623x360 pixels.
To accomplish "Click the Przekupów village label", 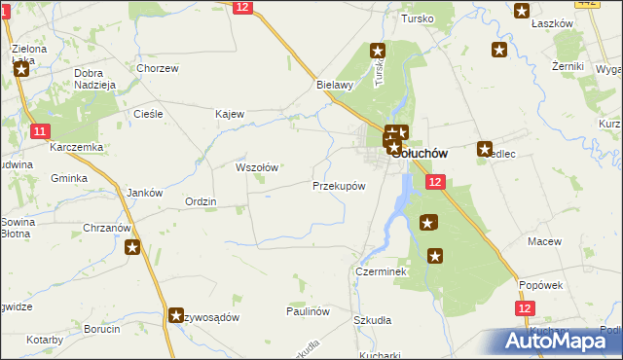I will (339, 186).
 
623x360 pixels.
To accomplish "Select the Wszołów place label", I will (257, 167).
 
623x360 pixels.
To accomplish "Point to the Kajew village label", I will (230, 114).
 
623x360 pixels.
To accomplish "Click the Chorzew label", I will (158, 69).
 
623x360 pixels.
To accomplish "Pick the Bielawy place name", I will (334, 85).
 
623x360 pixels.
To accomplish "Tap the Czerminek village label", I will (380, 272).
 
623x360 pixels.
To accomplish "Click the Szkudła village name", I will (372, 320).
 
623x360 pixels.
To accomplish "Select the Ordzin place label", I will (201, 201).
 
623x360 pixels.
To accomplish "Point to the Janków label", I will (144, 193).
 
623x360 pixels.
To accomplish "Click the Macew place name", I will (541, 240).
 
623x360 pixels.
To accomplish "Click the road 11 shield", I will (39, 131).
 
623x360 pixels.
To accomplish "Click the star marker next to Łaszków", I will (522, 12).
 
